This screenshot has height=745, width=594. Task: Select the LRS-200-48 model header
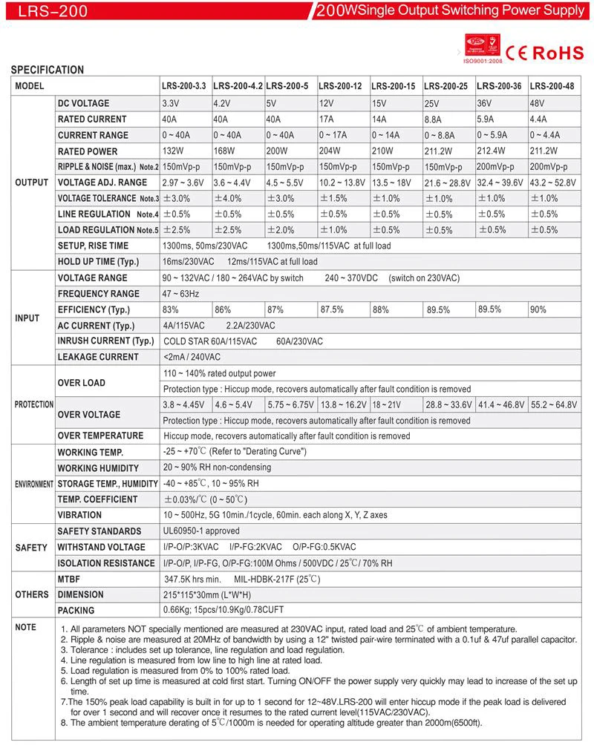(552, 86)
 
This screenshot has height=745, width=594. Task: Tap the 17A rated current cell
(327, 119)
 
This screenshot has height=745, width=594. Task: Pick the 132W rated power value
(174, 151)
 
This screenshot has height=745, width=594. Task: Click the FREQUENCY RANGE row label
(98, 294)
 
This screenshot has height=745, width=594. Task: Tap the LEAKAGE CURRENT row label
(98, 357)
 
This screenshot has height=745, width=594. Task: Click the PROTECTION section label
(34, 404)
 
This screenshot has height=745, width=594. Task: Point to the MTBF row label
(70, 578)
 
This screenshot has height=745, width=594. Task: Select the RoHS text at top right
(558, 53)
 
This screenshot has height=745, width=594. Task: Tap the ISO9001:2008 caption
(483, 62)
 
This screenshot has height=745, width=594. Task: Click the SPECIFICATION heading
(47, 70)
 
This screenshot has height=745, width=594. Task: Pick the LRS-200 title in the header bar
(54, 11)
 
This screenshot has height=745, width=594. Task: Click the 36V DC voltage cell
(485, 102)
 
